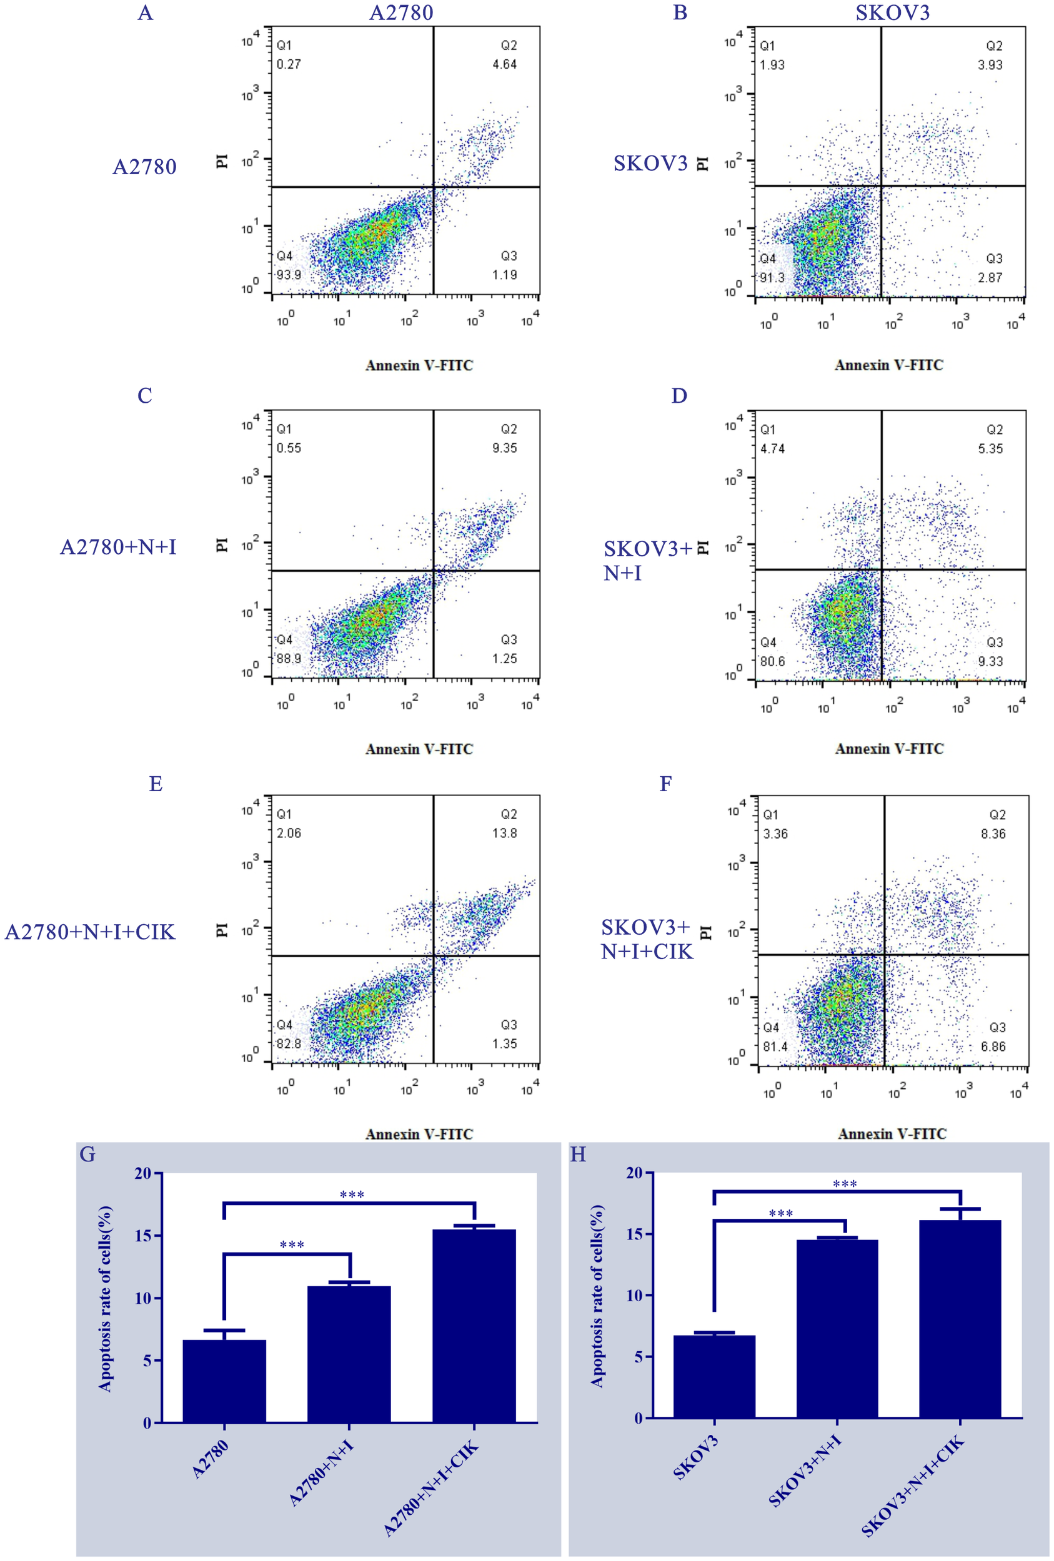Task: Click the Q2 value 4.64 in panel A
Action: point(504,64)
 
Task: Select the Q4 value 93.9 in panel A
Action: point(289,275)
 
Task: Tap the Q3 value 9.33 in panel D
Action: point(990,662)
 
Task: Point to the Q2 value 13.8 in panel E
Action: point(504,833)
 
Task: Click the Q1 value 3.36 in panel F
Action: point(775,834)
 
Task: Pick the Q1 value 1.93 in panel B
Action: point(772,65)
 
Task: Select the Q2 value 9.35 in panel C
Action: point(504,448)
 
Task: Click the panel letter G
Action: point(87,1155)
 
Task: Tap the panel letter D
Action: point(679,396)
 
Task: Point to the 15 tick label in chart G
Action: point(142,1236)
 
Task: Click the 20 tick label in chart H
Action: point(635,1173)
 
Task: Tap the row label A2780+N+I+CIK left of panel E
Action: point(90,932)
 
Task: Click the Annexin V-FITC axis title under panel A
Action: point(419,365)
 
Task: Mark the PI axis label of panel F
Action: point(705,932)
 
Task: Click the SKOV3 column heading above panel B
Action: point(892,12)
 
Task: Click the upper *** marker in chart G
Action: point(352,1195)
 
